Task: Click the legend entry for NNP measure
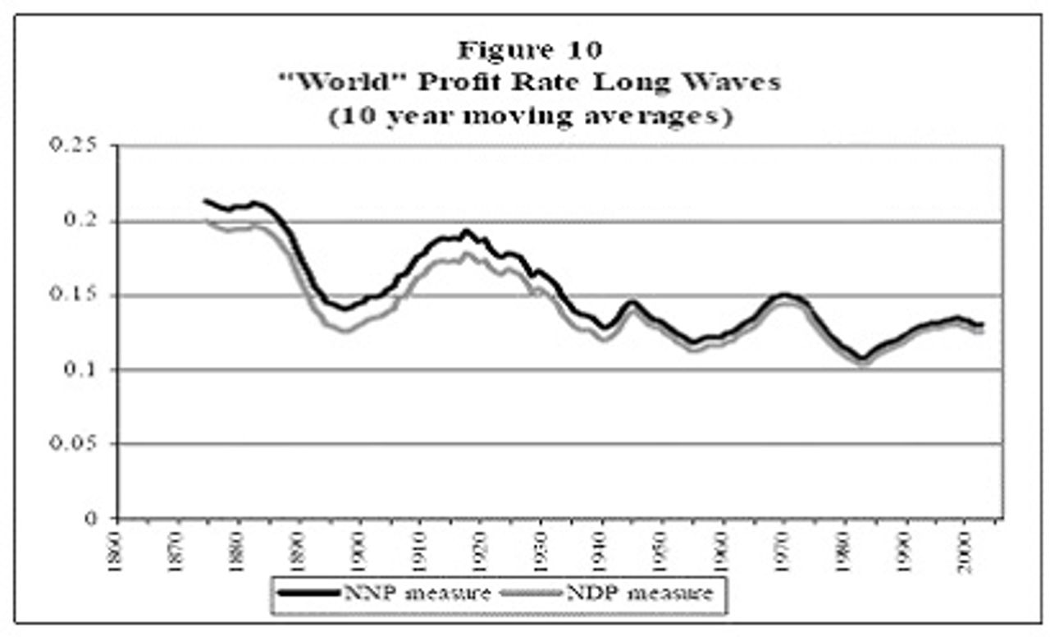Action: pos(386,593)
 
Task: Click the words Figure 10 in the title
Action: pos(529,51)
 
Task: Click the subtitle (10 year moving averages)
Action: pos(529,116)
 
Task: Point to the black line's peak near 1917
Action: pos(466,231)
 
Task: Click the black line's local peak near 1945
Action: pos(632,301)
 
